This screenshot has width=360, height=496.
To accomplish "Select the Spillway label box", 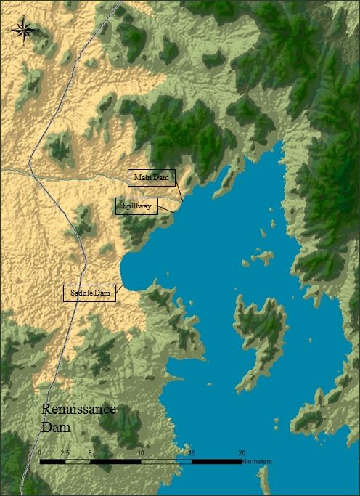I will click(136, 206).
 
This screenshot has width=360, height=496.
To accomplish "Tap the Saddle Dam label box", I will click(90, 293).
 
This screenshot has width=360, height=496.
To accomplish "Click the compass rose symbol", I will click(23, 29).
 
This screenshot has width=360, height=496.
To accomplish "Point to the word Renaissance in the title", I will click(78, 410).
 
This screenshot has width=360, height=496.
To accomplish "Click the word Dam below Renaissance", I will click(56, 427).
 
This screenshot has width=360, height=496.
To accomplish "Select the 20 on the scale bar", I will click(242, 452).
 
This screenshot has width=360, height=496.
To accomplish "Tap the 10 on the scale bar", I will click(141, 452).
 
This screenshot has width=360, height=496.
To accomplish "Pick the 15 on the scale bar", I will click(192, 452).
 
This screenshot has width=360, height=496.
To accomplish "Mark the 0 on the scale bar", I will click(39, 452).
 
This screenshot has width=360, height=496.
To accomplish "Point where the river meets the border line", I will click(30, 168).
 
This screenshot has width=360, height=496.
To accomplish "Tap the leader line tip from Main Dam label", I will click(182, 199).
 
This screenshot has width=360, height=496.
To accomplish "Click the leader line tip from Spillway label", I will click(175, 212).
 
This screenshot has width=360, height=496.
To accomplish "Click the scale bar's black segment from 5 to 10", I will click(115, 461).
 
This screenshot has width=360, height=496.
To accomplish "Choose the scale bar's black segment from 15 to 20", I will click(216, 461).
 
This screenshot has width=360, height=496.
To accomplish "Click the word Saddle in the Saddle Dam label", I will click(80, 293).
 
